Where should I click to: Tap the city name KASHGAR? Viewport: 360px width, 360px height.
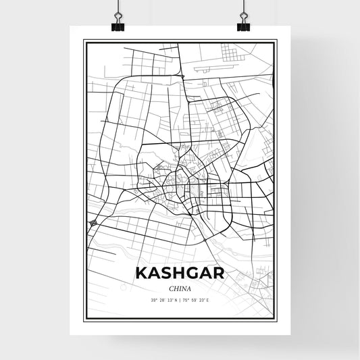point(179,274)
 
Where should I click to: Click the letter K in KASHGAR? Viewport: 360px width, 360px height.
point(141,274)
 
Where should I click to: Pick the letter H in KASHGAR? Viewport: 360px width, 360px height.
point(178,274)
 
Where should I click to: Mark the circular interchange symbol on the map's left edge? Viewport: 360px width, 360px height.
point(93,224)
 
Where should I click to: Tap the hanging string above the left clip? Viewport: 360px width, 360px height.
point(119,5)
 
